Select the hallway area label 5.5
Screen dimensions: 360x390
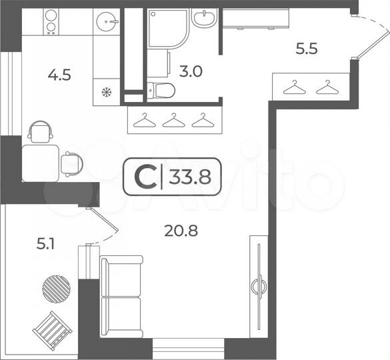[308, 48]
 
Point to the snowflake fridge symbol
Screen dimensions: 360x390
[105, 92]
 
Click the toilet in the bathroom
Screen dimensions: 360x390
[161, 89]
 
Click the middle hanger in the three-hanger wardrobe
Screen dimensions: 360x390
[172, 120]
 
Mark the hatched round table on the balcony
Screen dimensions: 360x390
[56, 288]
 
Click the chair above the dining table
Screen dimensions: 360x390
[41, 131]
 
